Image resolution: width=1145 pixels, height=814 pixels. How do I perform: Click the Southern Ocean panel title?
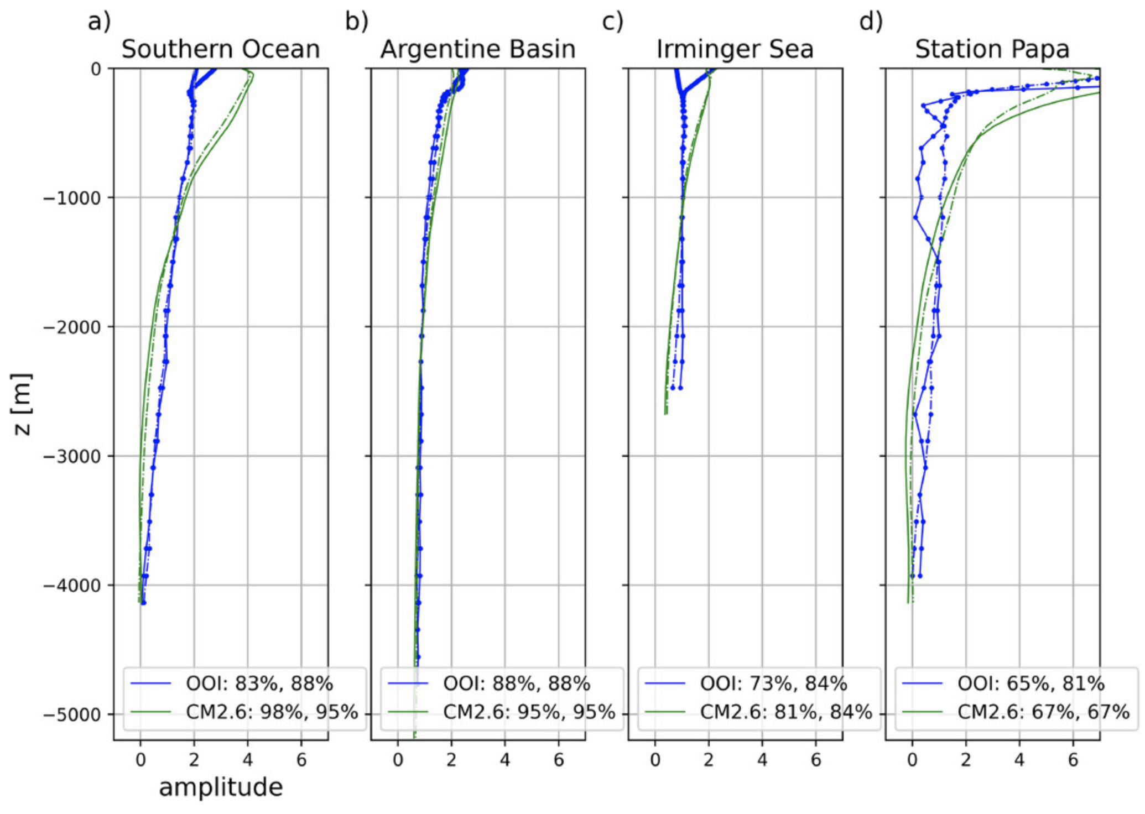tap(220, 49)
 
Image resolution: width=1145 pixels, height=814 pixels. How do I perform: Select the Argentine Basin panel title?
tap(477, 49)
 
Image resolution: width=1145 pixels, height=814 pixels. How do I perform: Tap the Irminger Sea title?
tap(735, 49)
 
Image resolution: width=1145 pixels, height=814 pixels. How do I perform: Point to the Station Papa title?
tap(992, 49)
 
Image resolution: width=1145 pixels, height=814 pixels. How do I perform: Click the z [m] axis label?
tap(22, 404)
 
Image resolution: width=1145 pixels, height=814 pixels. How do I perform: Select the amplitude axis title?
tap(221, 787)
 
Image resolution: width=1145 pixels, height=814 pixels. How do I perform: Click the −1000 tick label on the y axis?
tap(72, 198)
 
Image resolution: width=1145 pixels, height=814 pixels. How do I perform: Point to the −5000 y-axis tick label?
tap(72, 714)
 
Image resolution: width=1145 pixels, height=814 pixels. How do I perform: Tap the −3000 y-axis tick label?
tap(72, 456)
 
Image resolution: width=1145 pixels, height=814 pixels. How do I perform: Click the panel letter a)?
tap(100, 22)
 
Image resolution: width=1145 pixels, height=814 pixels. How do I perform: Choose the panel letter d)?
tap(871, 22)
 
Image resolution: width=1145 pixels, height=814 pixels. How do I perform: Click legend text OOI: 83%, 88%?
tap(259, 684)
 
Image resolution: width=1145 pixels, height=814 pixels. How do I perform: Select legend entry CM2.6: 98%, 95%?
tap(272, 712)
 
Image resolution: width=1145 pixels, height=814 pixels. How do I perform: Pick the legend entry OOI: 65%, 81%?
tap(1031, 684)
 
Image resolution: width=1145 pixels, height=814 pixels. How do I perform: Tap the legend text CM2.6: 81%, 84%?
tap(786, 712)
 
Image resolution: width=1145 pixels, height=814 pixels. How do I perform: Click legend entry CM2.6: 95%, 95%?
tap(529, 712)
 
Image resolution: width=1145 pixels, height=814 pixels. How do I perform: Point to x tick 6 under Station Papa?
tap(1073, 760)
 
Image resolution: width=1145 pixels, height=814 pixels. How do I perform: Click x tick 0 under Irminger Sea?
tap(655, 760)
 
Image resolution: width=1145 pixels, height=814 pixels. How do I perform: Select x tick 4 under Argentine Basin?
tap(505, 760)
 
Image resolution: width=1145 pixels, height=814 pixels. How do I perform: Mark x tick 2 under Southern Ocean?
tap(194, 760)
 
